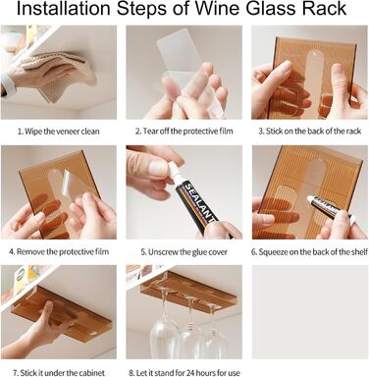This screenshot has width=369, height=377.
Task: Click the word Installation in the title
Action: tap(64, 9)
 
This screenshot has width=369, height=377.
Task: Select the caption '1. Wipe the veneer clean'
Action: tap(59, 132)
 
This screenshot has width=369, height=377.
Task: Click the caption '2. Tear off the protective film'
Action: tap(184, 132)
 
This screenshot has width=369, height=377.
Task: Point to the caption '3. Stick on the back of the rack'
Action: tap(310, 132)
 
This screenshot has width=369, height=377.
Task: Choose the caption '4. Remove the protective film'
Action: tap(59, 251)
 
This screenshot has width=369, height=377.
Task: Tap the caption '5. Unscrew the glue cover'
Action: tap(184, 252)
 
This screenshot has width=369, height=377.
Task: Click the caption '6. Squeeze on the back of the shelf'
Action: tap(309, 252)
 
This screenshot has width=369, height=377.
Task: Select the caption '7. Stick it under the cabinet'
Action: tap(59, 373)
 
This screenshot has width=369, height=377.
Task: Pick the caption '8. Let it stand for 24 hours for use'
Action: tap(184, 373)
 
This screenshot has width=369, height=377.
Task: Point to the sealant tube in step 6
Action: tap(331, 209)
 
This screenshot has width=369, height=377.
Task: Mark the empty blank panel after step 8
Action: tap(310, 312)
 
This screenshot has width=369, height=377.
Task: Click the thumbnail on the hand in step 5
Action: tap(159, 169)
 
